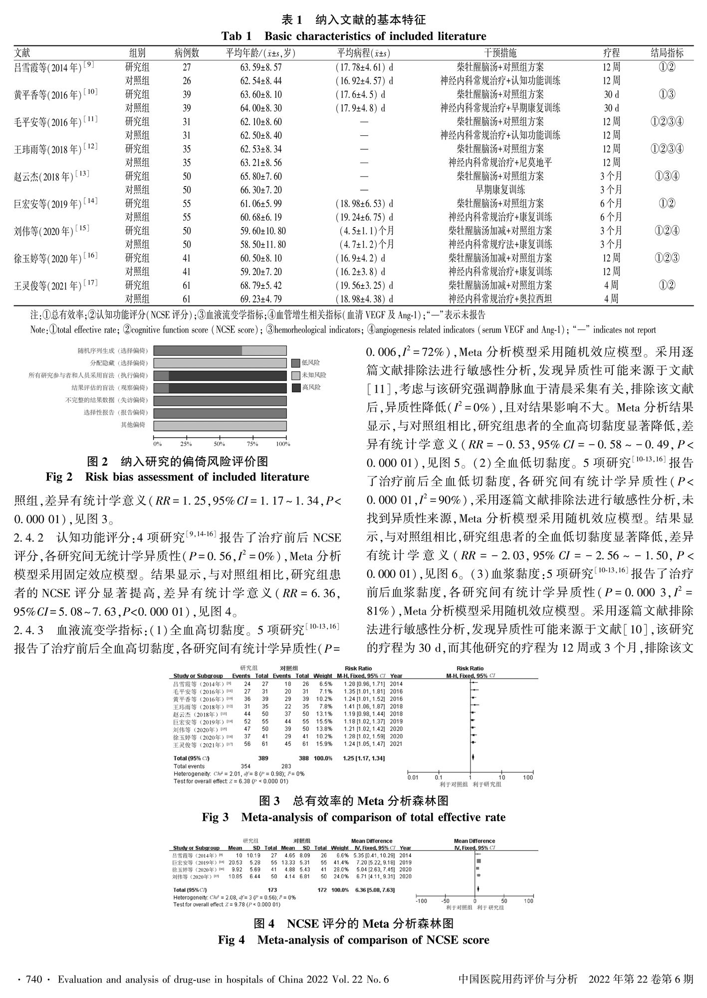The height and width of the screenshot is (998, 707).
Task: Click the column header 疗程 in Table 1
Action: point(611,53)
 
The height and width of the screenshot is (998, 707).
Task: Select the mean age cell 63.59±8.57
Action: point(261,67)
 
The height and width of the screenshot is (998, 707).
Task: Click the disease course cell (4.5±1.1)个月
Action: point(364,231)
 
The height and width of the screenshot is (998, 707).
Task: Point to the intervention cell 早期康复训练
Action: point(500,190)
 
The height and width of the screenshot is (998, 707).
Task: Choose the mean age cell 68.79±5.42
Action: point(261,285)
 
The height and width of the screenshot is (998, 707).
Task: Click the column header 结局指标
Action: point(667,53)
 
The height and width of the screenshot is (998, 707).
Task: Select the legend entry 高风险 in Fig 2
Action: point(311,387)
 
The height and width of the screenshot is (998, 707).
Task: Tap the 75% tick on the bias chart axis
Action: point(252,444)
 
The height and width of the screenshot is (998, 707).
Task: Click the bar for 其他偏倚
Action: point(220,426)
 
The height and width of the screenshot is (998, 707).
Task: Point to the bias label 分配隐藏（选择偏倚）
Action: point(119,363)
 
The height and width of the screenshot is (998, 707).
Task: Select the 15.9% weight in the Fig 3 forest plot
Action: point(325,744)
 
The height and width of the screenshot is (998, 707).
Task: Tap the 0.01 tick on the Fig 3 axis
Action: point(412,777)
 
